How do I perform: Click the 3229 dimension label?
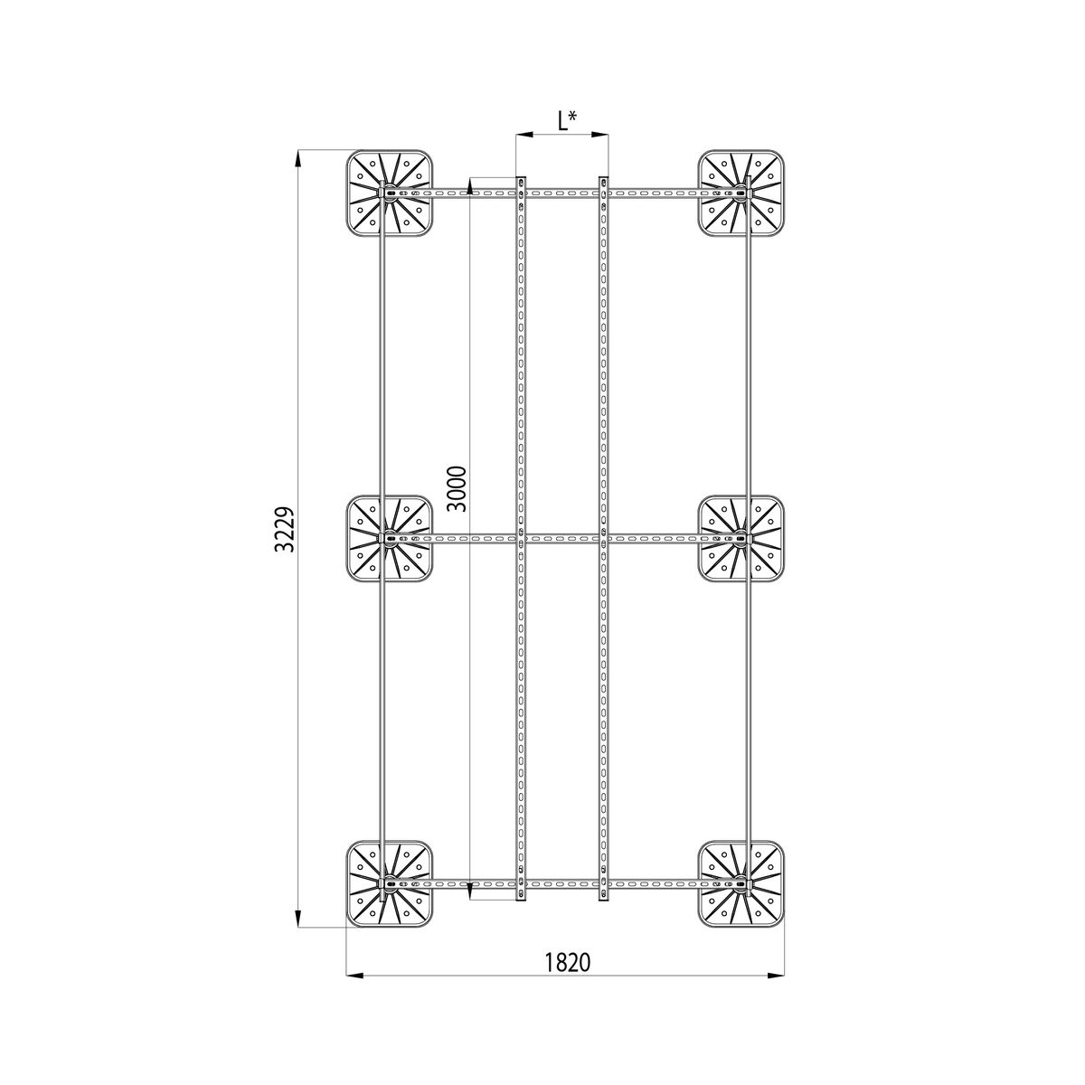[286, 530]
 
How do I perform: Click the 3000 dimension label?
[457, 489]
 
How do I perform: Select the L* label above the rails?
[567, 121]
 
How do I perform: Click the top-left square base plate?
[390, 193]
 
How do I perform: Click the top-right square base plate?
[741, 193]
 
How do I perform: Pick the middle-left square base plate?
[390, 538]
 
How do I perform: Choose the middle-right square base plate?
[741, 538]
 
